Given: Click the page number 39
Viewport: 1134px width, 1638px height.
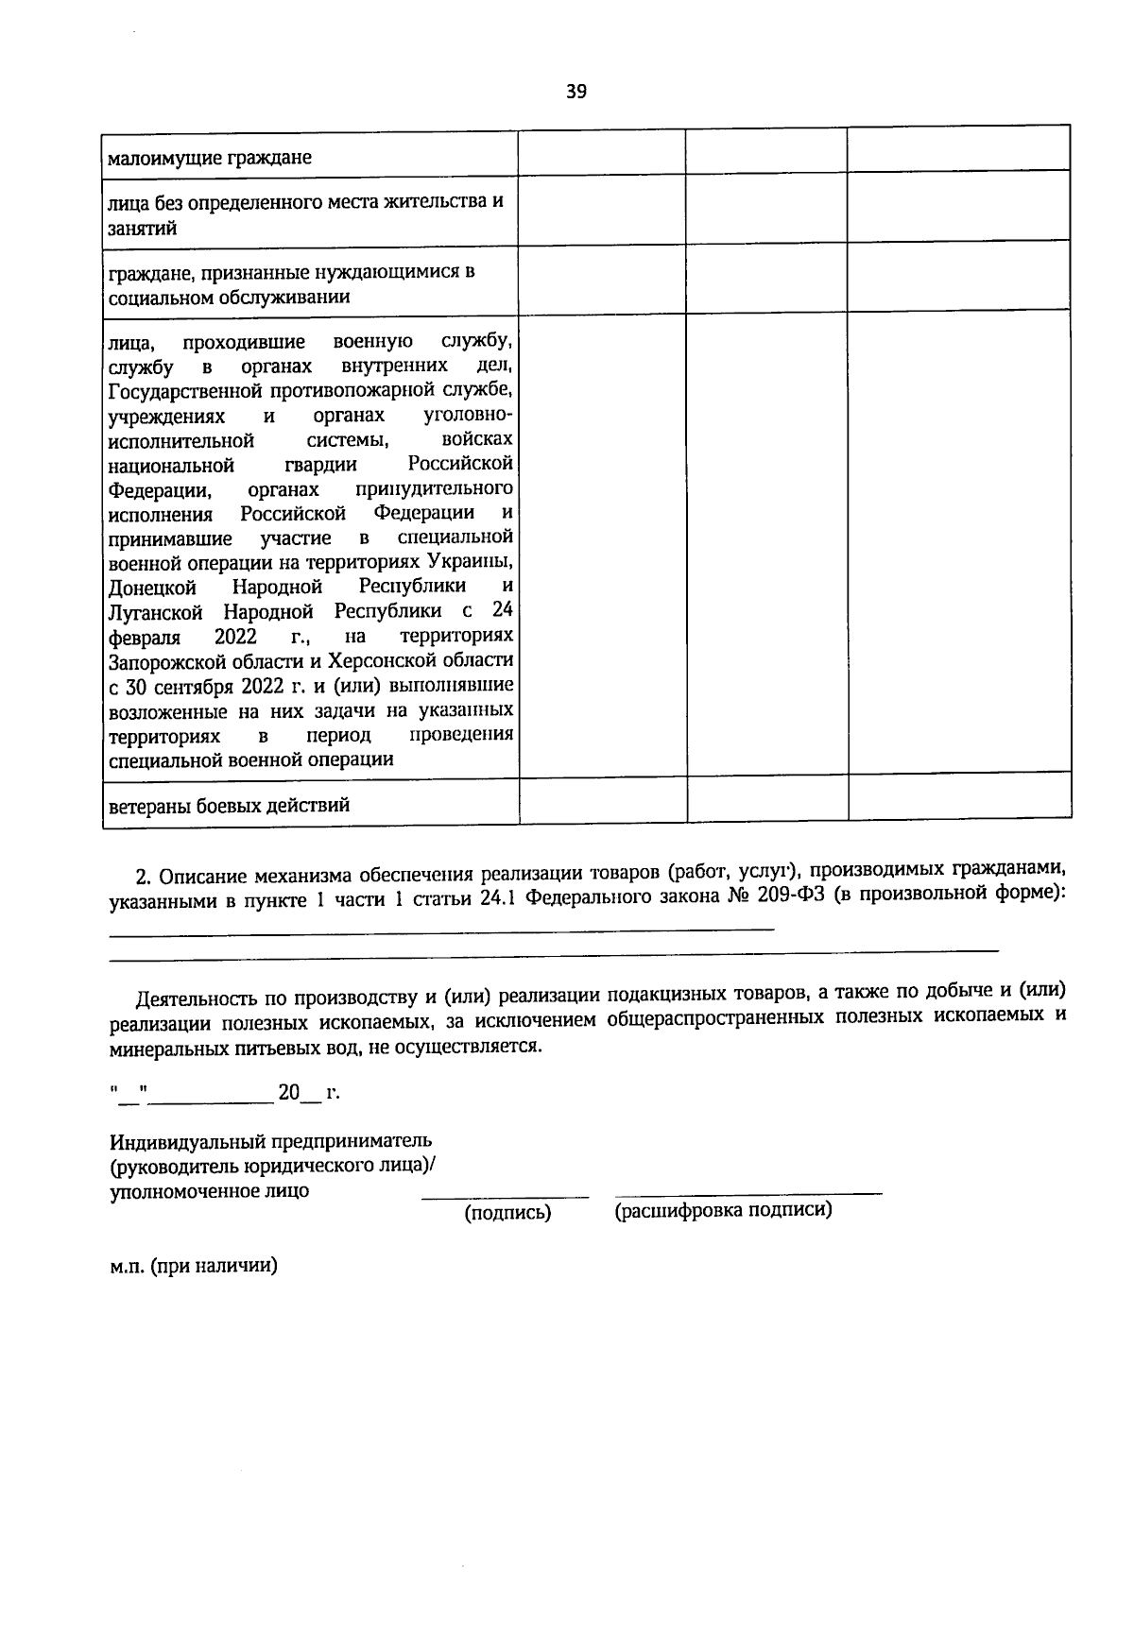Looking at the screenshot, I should click(576, 92).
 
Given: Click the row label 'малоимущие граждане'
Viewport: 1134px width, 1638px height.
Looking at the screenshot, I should click(210, 158).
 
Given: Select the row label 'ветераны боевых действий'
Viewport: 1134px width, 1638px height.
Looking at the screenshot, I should click(230, 806).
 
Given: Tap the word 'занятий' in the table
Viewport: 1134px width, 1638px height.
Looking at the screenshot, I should click(144, 228).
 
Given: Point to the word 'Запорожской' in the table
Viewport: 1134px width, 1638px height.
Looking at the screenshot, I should click(163, 660).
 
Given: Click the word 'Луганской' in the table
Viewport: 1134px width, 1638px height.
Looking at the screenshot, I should click(155, 611).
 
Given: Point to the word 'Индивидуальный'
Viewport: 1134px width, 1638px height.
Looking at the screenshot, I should click(184, 1140).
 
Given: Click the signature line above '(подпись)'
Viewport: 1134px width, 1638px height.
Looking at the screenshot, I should click(505, 1197).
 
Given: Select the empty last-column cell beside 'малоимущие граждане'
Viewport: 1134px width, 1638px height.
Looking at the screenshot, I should click(958, 149).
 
